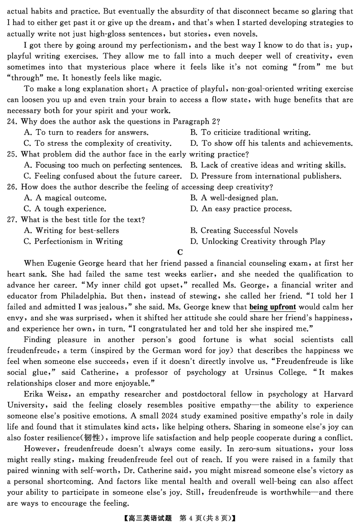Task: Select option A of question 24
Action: [85, 132]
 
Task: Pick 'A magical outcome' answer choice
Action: [65, 197]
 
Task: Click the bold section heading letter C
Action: [180, 252]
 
